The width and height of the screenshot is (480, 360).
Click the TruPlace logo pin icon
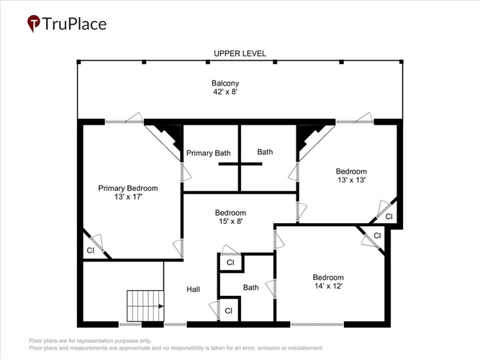pyautogui.click(x=33, y=24)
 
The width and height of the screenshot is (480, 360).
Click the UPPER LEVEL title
pyautogui.click(x=240, y=53)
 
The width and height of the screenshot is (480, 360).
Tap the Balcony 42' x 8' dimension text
pyautogui.click(x=226, y=91)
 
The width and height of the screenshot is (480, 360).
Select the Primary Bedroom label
pyautogui.click(x=128, y=188)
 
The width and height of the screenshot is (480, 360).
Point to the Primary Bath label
pyautogui.click(x=208, y=153)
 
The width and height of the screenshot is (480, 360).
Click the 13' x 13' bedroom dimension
pyautogui.click(x=351, y=180)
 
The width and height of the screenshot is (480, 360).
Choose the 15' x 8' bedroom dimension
pyautogui.click(x=230, y=221)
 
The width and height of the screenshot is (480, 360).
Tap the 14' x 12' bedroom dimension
pyautogui.click(x=328, y=286)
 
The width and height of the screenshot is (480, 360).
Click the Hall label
pyautogui.click(x=193, y=289)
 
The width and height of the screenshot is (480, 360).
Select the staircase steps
pyautogui.click(x=145, y=306)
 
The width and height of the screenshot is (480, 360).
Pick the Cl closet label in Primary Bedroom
pyautogui.click(x=90, y=251)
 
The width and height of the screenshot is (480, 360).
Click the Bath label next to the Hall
pyautogui.click(x=250, y=287)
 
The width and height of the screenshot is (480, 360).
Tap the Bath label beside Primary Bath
pyautogui.click(x=265, y=152)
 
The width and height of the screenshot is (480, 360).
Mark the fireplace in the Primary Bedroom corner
pyautogui.click(x=167, y=138)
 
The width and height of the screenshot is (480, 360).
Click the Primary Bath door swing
pyautogui.click(x=186, y=172)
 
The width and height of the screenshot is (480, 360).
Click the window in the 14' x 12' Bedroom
pyautogui.click(x=317, y=324)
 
